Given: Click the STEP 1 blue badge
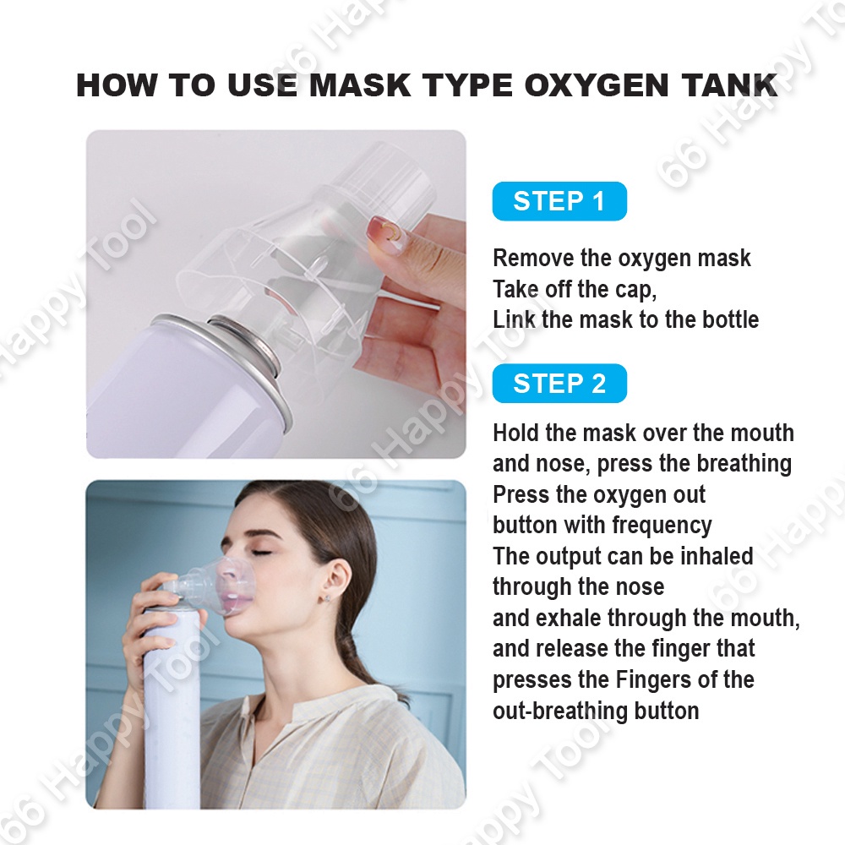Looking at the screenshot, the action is [x=559, y=201].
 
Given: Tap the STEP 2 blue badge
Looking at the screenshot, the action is [x=559, y=383].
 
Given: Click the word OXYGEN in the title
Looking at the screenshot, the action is [x=596, y=85].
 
